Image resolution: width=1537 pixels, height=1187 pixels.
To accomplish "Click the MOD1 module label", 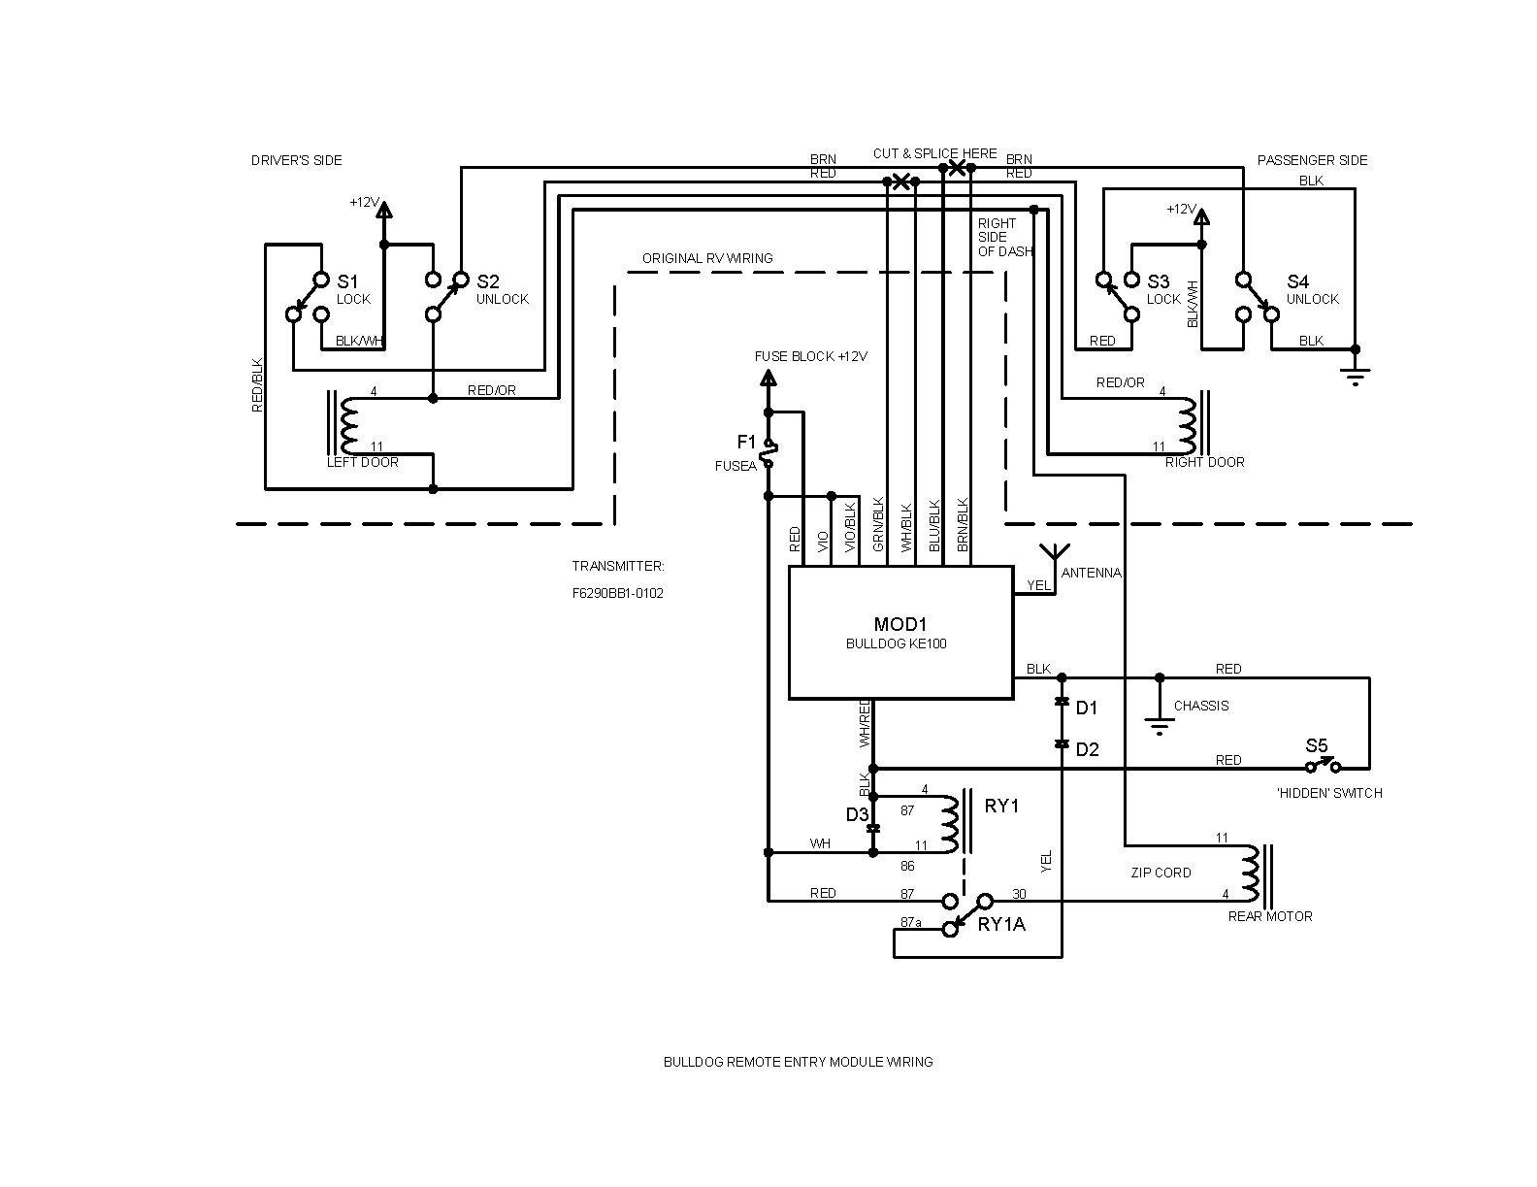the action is click(x=899, y=624).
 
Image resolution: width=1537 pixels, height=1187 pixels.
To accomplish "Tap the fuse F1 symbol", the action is click(x=768, y=452).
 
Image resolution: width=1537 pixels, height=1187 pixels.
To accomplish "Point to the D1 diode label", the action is click(x=1087, y=709).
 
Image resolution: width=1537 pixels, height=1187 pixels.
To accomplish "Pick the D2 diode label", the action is click(x=1087, y=750).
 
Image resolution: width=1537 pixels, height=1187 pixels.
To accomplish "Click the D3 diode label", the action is click(x=857, y=815).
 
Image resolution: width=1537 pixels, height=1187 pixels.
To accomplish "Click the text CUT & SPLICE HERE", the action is click(x=934, y=153).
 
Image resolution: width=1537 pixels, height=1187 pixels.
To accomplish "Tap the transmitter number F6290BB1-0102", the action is click(x=617, y=594).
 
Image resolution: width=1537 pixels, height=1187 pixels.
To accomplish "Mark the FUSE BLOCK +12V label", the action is click(x=810, y=356).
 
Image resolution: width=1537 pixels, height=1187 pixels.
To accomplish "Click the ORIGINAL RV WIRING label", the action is click(x=707, y=258).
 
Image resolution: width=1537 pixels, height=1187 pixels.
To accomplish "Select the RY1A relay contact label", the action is click(x=1000, y=925).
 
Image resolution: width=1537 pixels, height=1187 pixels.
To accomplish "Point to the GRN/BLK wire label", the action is click(x=878, y=524).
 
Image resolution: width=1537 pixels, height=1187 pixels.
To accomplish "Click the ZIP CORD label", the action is click(x=1161, y=873).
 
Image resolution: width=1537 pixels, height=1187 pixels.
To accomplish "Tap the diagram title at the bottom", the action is click(x=798, y=1062).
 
